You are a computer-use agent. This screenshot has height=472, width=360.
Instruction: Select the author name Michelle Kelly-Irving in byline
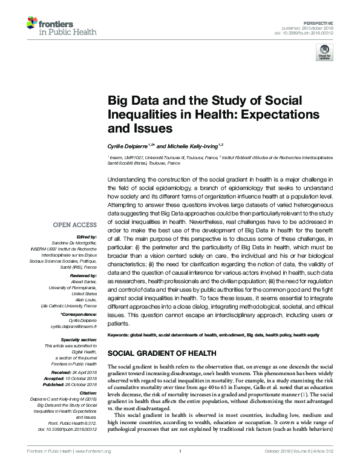click(x=188, y=146)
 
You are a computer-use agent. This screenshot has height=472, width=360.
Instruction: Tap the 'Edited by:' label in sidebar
click(x=87, y=237)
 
